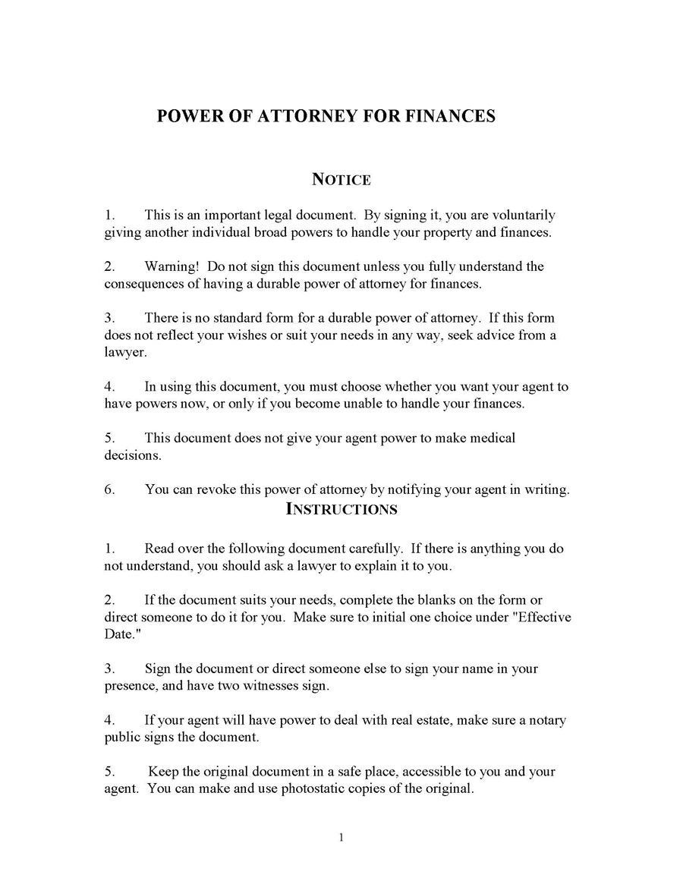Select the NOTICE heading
pyautogui.click(x=341, y=180)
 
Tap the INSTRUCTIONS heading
pyautogui.click(x=341, y=509)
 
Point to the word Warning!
pyautogui.click(x=172, y=266)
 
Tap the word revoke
pyautogui.click(x=216, y=489)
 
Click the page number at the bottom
pyautogui.click(x=341, y=838)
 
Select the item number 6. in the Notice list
pyautogui.click(x=110, y=489)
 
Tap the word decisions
pyautogui.click(x=132, y=455)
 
